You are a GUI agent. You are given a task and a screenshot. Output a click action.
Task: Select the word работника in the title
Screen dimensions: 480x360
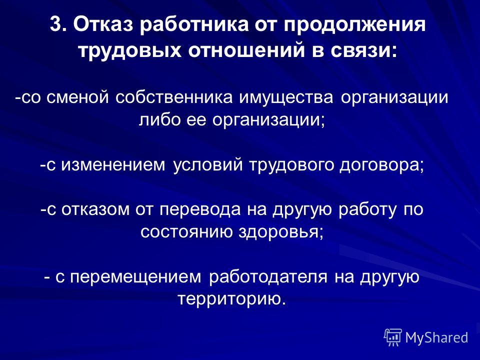[194, 24]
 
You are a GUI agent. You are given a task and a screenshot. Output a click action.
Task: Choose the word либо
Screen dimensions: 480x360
[159, 119]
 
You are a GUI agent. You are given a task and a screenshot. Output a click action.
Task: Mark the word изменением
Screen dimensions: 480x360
[113, 164]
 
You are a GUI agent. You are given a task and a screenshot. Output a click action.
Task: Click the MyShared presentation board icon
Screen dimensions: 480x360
[393, 337]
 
